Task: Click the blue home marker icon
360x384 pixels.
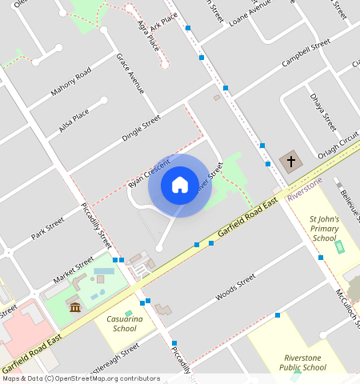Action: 180,186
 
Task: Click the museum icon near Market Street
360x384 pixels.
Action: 74,308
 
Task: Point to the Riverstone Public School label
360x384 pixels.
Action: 305,362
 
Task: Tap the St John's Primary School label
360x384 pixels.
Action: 325,228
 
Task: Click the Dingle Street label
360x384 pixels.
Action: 142,128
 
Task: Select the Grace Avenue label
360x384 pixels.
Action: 129,73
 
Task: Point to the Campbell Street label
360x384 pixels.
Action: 306,56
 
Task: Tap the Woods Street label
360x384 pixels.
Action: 235,288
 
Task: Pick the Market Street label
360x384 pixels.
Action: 74,270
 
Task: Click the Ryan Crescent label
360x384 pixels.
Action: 150,173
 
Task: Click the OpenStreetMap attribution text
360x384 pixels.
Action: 80,378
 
